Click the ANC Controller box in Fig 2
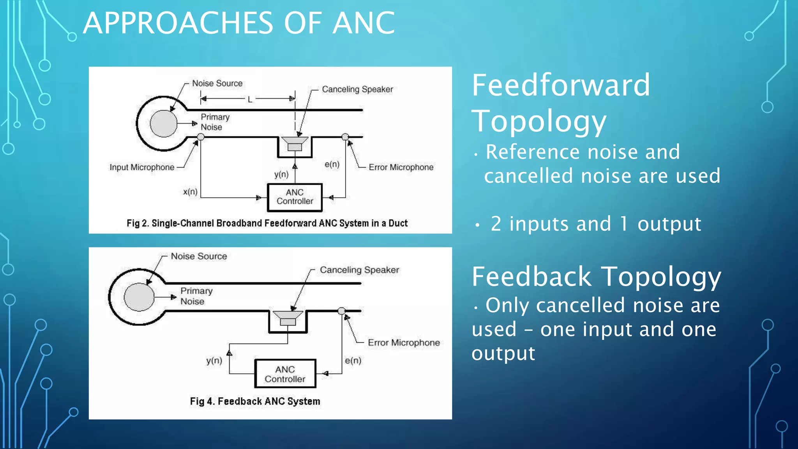pyautogui.click(x=295, y=197)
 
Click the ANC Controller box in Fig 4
pyautogui.click(x=285, y=374)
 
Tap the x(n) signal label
pyautogui.click(x=190, y=192)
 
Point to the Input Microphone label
pyautogui.click(x=142, y=167)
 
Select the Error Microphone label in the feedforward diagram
pyautogui.click(x=401, y=167)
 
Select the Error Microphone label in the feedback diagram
pyautogui.click(x=404, y=343)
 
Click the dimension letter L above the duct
pyautogui.click(x=250, y=99)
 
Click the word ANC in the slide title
pyautogui.click(x=364, y=23)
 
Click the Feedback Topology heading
pyautogui.click(x=596, y=277)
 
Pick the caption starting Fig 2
pyautogui.click(x=267, y=223)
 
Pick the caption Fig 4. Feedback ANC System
pyautogui.click(x=255, y=401)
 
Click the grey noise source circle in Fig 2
pyautogui.click(x=164, y=124)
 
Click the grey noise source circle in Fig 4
pyautogui.click(x=139, y=297)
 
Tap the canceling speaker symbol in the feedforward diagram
pyautogui.click(x=295, y=143)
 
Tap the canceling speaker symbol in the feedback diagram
pyautogui.click(x=288, y=318)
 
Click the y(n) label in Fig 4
pyautogui.click(x=214, y=361)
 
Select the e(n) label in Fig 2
pyautogui.click(x=332, y=164)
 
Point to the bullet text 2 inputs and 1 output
pyautogui.click(x=596, y=224)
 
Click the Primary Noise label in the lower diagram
pyautogui.click(x=196, y=296)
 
